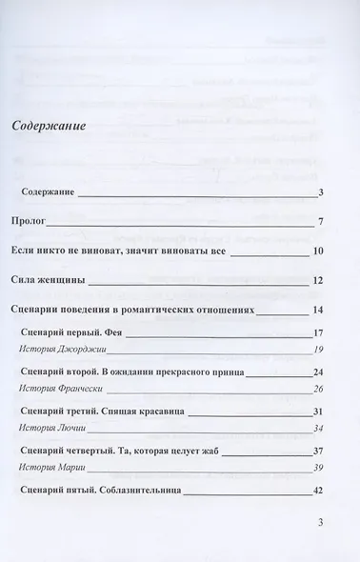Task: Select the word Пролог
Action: [x=29, y=222]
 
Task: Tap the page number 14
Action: [x=319, y=310]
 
